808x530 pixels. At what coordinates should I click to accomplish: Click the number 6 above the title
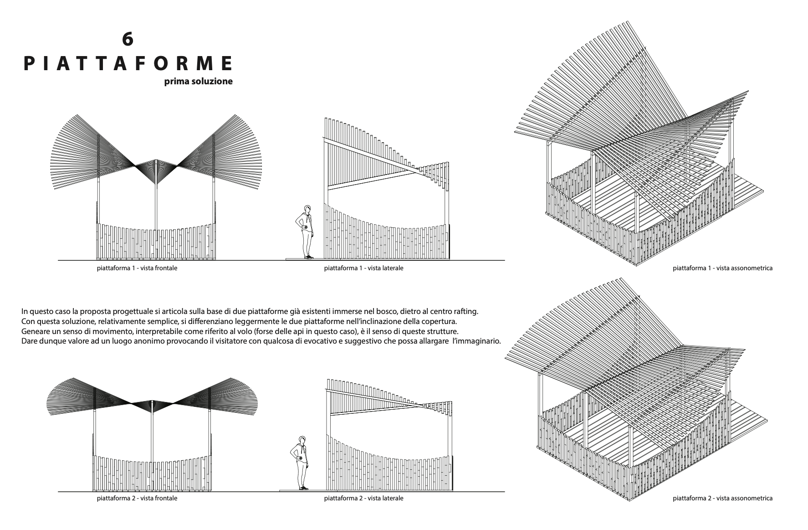(x=128, y=40)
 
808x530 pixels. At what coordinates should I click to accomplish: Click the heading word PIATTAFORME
(x=128, y=63)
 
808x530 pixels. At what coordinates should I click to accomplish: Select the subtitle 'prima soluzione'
(x=199, y=82)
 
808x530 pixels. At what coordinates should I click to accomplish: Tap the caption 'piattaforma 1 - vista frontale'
(x=137, y=268)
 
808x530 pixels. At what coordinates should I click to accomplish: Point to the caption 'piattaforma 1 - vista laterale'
(x=363, y=268)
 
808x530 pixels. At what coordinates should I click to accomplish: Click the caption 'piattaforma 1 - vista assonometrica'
(x=722, y=268)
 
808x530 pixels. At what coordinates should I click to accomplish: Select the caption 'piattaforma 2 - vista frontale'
(x=137, y=498)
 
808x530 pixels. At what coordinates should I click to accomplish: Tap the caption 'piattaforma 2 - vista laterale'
(x=363, y=498)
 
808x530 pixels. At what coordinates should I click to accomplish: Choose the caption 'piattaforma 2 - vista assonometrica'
(x=722, y=498)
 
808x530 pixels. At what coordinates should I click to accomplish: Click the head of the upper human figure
(x=308, y=210)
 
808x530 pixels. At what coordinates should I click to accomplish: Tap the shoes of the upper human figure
(x=308, y=257)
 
